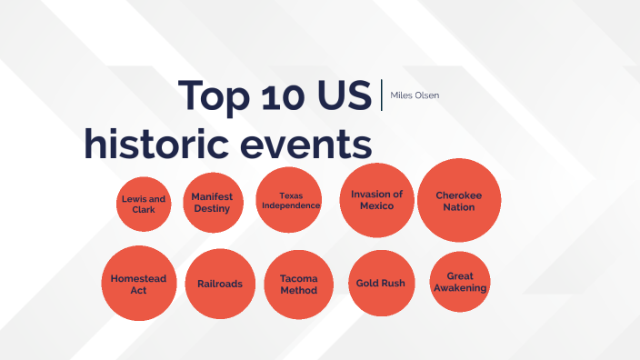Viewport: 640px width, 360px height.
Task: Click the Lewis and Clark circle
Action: [x=144, y=204]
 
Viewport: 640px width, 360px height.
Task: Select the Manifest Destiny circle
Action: [x=212, y=203]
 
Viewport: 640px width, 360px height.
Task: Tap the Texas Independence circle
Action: [x=290, y=200]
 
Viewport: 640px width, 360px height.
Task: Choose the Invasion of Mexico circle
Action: [x=376, y=200]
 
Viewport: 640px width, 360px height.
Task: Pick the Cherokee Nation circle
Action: [x=459, y=200]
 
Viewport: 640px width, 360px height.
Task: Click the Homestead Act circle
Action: [x=138, y=283]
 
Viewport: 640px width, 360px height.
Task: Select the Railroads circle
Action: [x=219, y=284]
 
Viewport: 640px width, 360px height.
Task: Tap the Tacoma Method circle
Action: [x=298, y=285]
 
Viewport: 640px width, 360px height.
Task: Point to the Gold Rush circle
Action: [x=381, y=283]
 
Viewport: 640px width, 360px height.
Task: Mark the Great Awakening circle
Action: [x=460, y=282]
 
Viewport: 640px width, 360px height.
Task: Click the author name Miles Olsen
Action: [x=415, y=95]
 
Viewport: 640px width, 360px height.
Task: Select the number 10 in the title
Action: [x=282, y=95]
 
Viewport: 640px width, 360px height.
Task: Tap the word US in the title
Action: [x=345, y=95]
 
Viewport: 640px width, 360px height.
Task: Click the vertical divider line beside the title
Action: [x=382, y=95]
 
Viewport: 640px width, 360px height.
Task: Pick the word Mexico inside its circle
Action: [x=376, y=206]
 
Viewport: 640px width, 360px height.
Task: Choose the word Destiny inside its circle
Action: [x=212, y=209]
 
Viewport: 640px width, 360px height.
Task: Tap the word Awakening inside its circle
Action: [x=460, y=288]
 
